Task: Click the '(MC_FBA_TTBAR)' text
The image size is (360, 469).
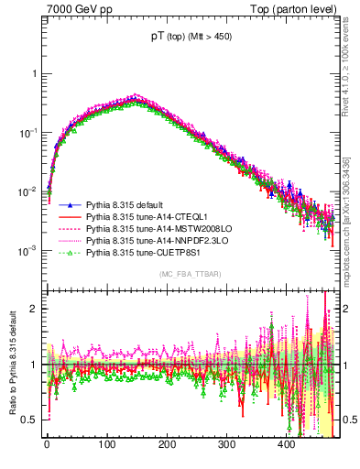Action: pos(184,274)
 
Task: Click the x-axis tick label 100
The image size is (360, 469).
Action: pos(106,445)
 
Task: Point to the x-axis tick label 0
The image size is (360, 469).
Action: pos(47,445)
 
